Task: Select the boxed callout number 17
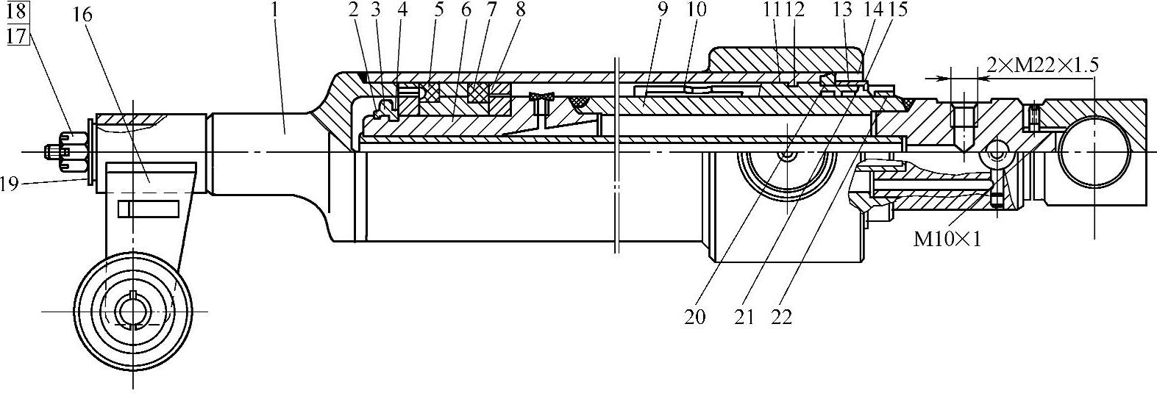(17, 34)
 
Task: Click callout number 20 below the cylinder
(694, 317)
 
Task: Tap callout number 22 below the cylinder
(782, 317)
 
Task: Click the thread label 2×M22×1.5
(1042, 65)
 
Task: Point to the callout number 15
(898, 10)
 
